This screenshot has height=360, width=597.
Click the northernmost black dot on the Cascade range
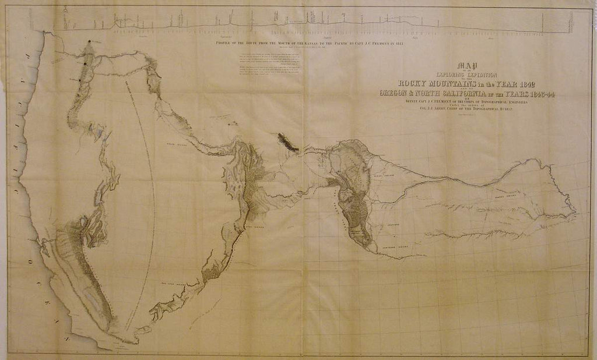coord(89,42)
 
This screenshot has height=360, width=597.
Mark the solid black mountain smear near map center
coord(288,141)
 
